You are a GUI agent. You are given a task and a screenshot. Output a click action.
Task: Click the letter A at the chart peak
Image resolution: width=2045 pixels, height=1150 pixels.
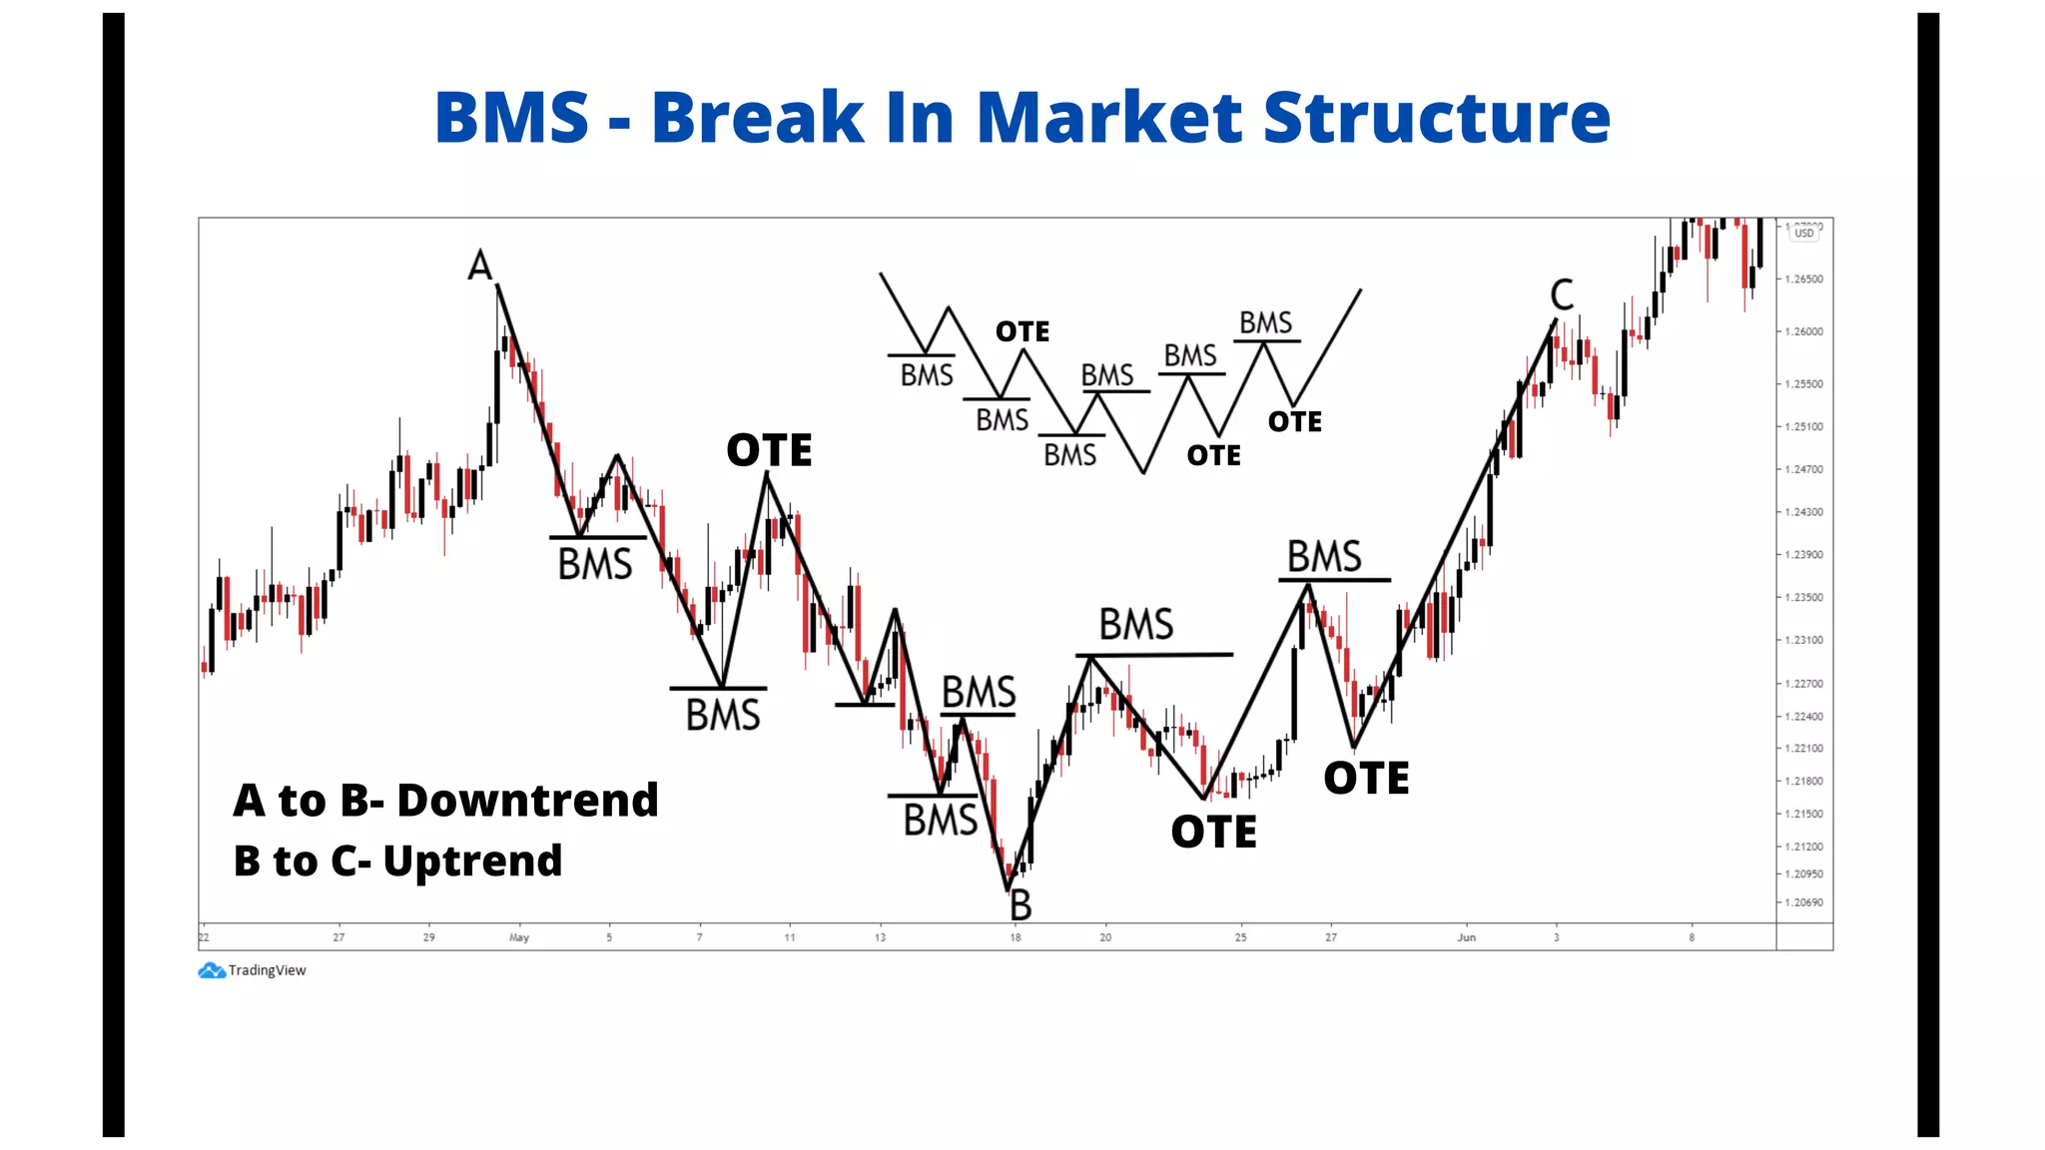pyautogui.click(x=480, y=266)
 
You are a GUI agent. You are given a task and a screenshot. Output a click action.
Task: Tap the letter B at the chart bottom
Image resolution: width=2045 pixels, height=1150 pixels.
pyautogui.click(x=1021, y=905)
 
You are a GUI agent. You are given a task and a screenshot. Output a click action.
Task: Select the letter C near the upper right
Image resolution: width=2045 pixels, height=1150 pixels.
pyautogui.click(x=1562, y=295)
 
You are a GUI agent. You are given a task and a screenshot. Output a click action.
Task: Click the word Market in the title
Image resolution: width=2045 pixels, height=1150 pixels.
pyautogui.click(x=1108, y=118)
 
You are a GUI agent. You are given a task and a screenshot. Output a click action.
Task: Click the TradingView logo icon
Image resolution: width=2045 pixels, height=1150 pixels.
pyautogui.click(x=211, y=970)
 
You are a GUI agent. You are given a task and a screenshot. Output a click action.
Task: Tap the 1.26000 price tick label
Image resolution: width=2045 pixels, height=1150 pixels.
pyautogui.click(x=1803, y=331)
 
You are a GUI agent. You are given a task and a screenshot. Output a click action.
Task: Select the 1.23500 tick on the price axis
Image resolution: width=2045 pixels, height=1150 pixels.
pyautogui.click(x=1803, y=597)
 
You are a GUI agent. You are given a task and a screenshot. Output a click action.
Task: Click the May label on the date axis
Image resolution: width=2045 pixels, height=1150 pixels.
pyautogui.click(x=519, y=937)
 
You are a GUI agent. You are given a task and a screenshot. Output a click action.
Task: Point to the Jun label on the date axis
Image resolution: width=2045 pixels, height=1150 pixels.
pyautogui.click(x=1466, y=937)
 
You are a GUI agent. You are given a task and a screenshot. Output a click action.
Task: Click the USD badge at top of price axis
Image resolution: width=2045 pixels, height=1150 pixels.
pyautogui.click(x=1803, y=234)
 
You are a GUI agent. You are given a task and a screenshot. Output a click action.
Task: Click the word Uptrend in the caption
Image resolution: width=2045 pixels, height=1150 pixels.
pyautogui.click(x=472, y=862)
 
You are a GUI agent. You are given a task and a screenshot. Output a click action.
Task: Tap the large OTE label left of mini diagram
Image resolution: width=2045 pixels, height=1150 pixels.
pyautogui.click(x=769, y=450)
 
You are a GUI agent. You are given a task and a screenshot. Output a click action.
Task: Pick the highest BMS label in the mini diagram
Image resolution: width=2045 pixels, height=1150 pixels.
pyautogui.click(x=1265, y=323)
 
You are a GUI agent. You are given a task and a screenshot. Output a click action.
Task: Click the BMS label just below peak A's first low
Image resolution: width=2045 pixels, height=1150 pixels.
pyautogui.click(x=595, y=565)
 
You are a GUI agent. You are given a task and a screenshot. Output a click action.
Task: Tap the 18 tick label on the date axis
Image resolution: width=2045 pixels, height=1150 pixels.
pyautogui.click(x=1015, y=937)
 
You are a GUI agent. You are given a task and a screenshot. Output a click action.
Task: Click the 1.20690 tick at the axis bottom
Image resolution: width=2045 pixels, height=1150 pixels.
pyautogui.click(x=1803, y=902)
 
